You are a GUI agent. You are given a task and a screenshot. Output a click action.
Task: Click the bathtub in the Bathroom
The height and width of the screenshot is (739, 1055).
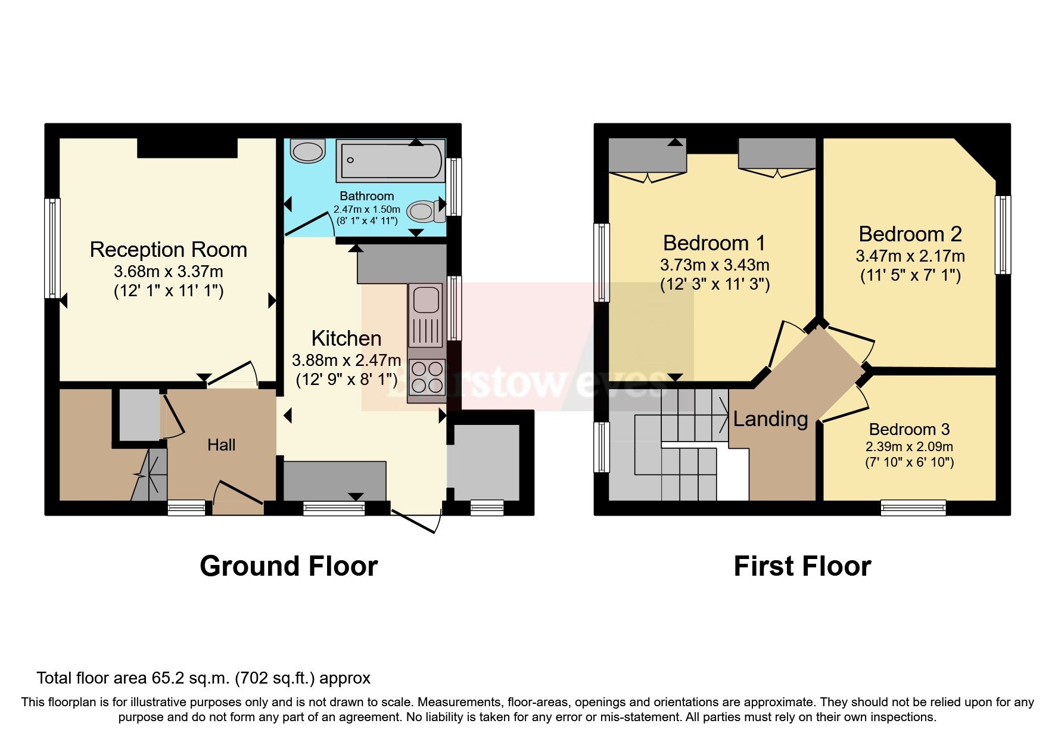(391, 160)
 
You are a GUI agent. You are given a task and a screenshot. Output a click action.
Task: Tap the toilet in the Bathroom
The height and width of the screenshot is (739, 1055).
(425, 210)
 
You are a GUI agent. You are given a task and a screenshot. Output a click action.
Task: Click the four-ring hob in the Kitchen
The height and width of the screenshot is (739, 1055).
(427, 377)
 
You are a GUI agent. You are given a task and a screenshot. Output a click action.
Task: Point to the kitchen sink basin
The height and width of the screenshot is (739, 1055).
(425, 300)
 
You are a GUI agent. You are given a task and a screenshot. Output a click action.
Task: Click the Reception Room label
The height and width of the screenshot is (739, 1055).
(169, 249)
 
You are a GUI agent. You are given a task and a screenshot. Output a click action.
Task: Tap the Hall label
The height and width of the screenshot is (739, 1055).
(222, 445)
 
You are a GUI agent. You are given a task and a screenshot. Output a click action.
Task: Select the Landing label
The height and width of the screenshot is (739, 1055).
(770, 419)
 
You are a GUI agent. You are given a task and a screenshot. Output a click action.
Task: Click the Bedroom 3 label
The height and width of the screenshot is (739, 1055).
(909, 429)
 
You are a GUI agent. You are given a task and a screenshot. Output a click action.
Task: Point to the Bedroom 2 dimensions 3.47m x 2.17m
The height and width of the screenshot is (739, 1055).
(910, 256)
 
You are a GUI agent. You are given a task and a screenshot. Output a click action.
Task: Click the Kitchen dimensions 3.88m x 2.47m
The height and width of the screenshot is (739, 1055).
(346, 360)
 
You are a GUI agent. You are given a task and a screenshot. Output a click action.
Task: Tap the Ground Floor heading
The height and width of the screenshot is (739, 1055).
(289, 566)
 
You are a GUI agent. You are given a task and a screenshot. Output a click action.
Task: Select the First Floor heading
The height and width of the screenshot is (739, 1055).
(802, 566)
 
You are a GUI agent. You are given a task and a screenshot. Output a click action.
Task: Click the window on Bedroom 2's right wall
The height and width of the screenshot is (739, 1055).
(1003, 235)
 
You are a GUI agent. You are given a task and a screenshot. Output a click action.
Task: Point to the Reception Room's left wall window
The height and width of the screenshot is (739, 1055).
(52, 248)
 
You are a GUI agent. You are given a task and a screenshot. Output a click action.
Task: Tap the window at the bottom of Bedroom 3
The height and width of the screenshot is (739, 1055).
(913, 508)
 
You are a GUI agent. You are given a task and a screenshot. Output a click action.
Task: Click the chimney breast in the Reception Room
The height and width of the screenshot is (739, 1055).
(188, 148)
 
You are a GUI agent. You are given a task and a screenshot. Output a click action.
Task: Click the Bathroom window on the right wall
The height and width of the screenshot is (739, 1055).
(455, 187)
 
